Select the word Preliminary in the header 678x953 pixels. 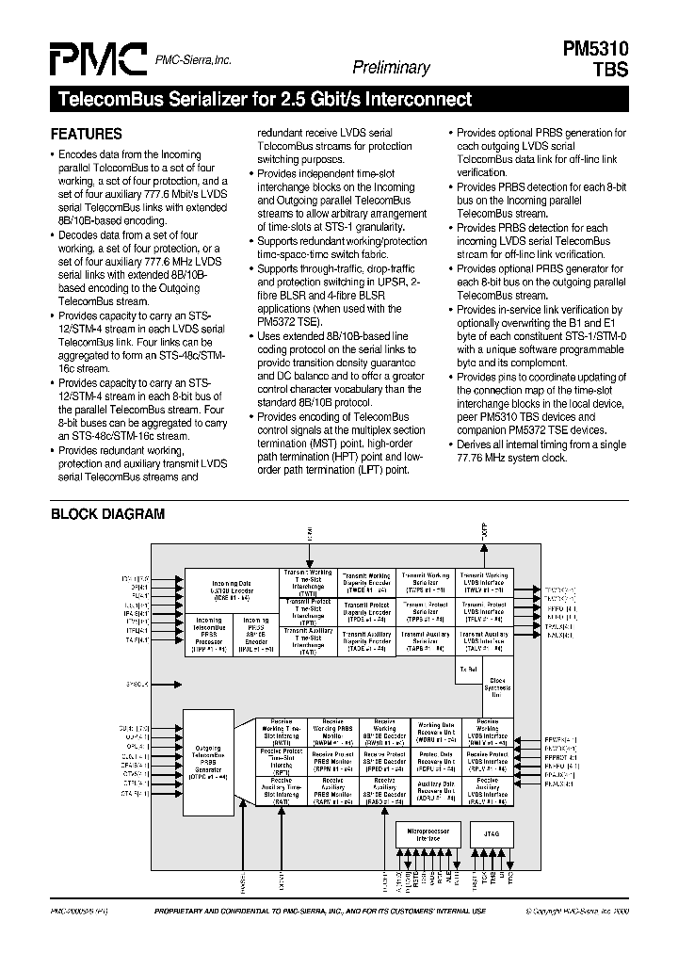(391, 67)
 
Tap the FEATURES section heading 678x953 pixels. (87, 134)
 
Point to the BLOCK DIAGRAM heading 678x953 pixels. (107, 514)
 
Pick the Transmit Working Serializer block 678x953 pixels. (425, 582)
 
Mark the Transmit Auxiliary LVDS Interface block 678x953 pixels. (484, 641)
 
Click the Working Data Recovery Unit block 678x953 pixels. (436, 731)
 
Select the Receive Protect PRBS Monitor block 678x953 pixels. (331, 761)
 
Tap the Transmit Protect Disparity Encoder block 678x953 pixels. (366, 611)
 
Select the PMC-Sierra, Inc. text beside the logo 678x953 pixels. (193, 59)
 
